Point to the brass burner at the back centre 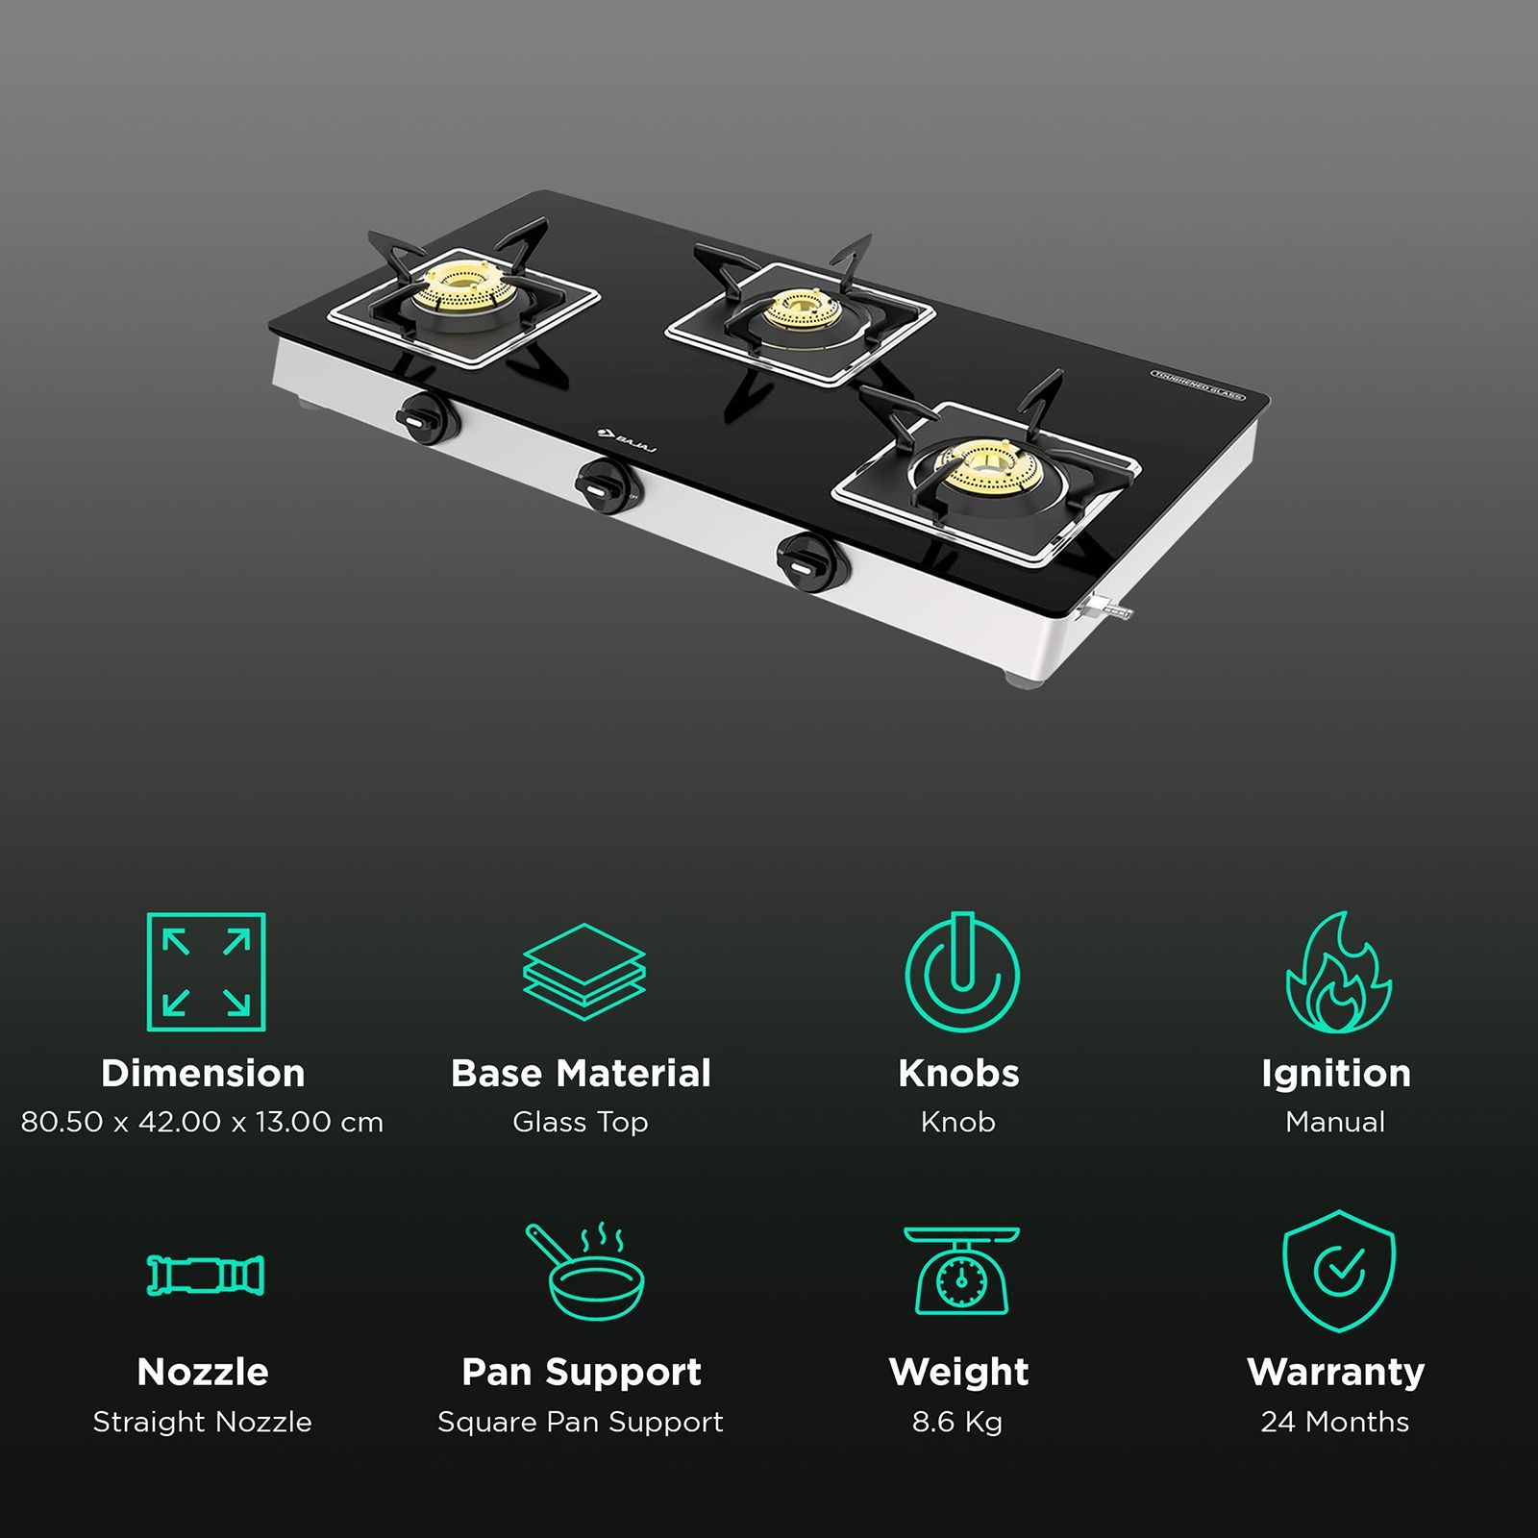pyautogui.click(x=801, y=310)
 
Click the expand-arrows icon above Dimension pyautogui.click(x=206, y=972)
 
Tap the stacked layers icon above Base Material pyautogui.click(x=583, y=972)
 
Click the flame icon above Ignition pyautogui.click(x=1338, y=972)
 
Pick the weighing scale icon pyautogui.click(x=960, y=1271)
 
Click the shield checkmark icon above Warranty pyautogui.click(x=1338, y=1271)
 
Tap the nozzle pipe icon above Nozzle pyautogui.click(x=206, y=1275)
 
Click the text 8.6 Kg pyautogui.click(x=957, y=1422)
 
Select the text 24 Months pyautogui.click(x=1335, y=1422)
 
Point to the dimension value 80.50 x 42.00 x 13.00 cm pyautogui.click(x=202, y=1122)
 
